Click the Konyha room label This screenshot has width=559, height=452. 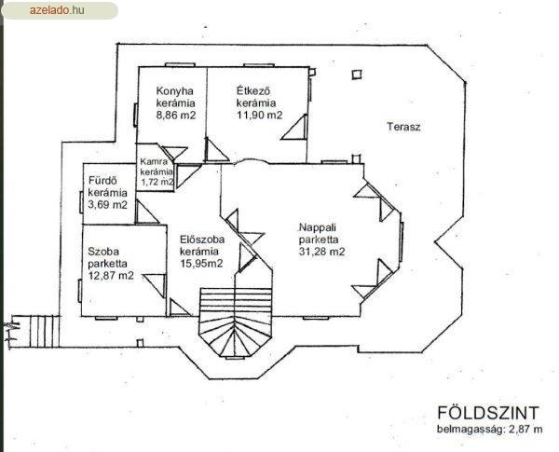(x=175, y=91)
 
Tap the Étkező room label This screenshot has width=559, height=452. (x=253, y=90)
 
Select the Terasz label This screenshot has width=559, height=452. (x=403, y=127)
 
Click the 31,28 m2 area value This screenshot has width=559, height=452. (x=322, y=252)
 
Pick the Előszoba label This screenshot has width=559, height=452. (x=202, y=239)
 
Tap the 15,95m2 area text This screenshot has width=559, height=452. (x=201, y=264)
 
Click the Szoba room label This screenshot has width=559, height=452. (x=103, y=252)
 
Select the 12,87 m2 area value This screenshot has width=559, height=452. (x=111, y=276)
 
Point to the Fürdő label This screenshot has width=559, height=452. (x=102, y=181)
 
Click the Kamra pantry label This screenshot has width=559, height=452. (x=154, y=161)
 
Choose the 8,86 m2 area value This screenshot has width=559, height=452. (x=176, y=115)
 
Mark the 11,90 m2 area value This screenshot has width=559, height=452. (x=260, y=115)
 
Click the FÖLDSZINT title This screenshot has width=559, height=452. (x=488, y=413)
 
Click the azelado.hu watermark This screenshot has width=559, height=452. (x=57, y=10)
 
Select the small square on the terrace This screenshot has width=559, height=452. (x=357, y=75)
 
